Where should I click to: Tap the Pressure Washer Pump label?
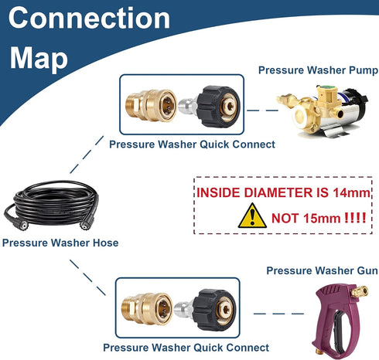(x=318, y=70)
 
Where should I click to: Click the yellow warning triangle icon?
(x=252, y=216)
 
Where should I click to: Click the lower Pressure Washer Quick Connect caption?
(x=186, y=348)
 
